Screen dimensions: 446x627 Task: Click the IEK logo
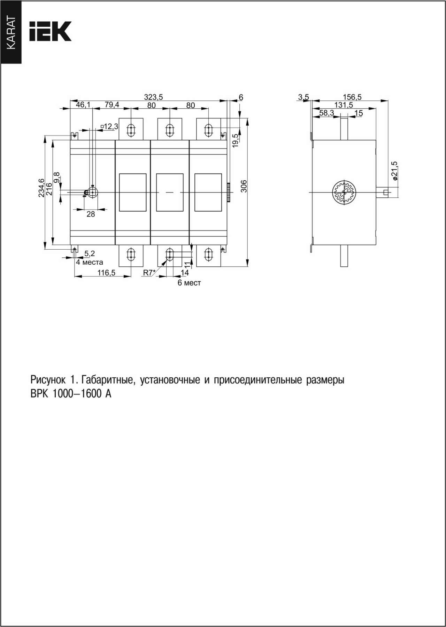[x=51, y=31]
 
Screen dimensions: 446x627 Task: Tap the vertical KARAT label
[x=11, y=33]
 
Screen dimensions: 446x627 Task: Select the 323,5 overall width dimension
[x=154, y=97]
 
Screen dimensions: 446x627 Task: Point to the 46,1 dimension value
[x=83, y=105]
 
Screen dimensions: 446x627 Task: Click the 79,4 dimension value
[x=112, y=105]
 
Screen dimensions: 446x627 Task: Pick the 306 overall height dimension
[x=244, y=186]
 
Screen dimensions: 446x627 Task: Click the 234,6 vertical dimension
[x=41, y=188]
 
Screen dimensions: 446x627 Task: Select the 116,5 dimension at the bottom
[x=106, y=273]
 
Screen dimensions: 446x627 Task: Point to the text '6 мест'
[x=189, y=283]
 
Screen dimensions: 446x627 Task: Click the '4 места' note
[x=90, y=262]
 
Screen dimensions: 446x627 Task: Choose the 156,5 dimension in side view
[x=352, y=97]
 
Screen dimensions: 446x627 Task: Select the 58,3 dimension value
[x=326, y=113]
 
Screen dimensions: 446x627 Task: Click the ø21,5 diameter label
[x=394, y=171]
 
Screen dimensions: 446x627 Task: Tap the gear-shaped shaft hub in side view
[x=344, y=192]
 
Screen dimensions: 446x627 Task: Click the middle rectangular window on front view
[x=170, y=192]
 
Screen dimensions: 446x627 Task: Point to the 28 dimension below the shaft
[x=91, y=214]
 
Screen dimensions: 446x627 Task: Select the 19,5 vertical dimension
[x=236, y=140]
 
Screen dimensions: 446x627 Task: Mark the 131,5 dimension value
[x=344, y=105]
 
